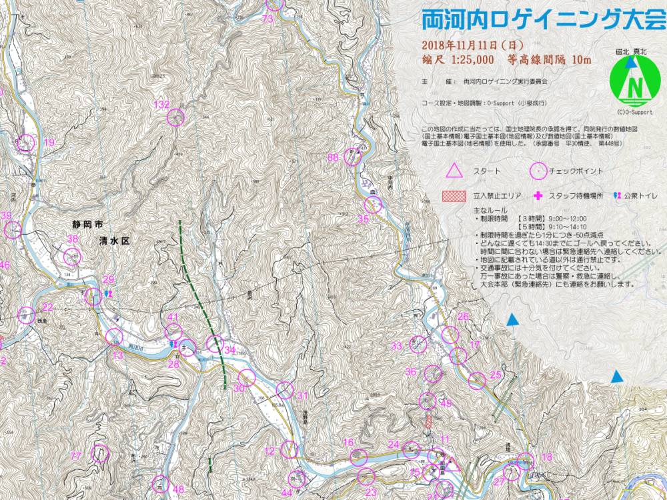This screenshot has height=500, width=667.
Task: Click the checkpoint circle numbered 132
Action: [x=176, y=117]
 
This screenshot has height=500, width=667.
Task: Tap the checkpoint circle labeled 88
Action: [x=353, y=157]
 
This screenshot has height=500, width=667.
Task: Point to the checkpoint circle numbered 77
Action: [x=100, y=454]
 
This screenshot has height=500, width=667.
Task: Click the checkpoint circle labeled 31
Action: [x=285, y=390]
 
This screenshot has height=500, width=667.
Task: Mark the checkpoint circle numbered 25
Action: [x=476, y=381]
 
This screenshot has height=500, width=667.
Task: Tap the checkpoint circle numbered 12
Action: [x=289, y=450]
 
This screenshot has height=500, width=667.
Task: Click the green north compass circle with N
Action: [x=635, y=83]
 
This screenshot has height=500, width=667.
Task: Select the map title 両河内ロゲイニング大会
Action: [x=543, y=20]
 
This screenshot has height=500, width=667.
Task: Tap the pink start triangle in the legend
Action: [x=454, y=171]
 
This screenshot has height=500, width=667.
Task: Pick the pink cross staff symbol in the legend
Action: [x=538, y=196]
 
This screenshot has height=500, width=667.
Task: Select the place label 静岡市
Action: [x=90, y=225]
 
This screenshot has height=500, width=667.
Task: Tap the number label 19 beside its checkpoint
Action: [x=49, y=143]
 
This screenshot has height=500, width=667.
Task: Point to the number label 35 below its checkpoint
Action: [x=363, y=219]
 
